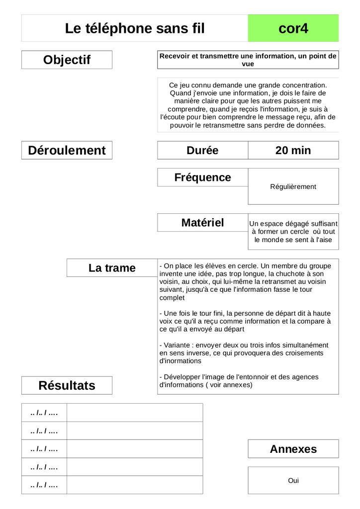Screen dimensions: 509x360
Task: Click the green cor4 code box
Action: (x=293, y=28)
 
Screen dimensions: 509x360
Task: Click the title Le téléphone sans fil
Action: (x=135, y=28)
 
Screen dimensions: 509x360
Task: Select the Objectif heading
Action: (x=67, y=60)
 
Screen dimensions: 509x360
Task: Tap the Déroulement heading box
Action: (x=67, y=150)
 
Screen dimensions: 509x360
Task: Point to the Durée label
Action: (x=202, y=150)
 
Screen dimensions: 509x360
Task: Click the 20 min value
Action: (x=293, y=150)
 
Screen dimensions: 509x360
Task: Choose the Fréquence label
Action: (x=202, y=177)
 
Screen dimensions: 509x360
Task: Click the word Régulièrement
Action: (x=293, y=187)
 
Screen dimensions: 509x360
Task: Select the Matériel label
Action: (x=202, y=223)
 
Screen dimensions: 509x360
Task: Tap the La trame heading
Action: (x=112, y=268)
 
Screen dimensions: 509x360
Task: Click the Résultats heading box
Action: (x=67, y=385)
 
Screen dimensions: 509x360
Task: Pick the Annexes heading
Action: (x=293, y=449)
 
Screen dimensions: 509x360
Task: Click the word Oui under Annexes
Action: (x=293, y=481)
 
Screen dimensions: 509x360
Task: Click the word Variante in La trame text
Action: (x=178, y=345)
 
